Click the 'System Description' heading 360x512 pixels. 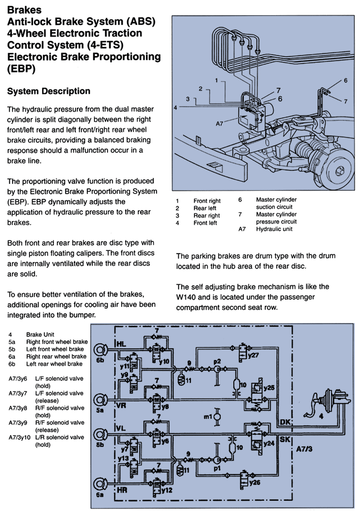[49, 91]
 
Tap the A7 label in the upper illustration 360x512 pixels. [219, 124]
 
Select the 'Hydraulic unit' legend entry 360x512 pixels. [274, 229]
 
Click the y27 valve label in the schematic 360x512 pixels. [253, 355]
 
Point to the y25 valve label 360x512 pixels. [269, 388]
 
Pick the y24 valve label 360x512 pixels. [269, 443]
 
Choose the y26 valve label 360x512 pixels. [255, 482]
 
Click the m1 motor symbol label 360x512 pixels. [208, 417]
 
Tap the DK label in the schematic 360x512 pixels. [285, 422]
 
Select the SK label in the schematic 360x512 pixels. [285, 439]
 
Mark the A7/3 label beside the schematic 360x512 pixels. [304, 449]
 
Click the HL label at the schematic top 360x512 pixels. [121, 344]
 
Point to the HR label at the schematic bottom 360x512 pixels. [121, 490]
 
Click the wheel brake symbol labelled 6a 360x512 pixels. [100, 484]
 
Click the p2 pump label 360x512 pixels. [217, 361]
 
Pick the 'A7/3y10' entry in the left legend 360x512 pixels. [19, 437]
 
